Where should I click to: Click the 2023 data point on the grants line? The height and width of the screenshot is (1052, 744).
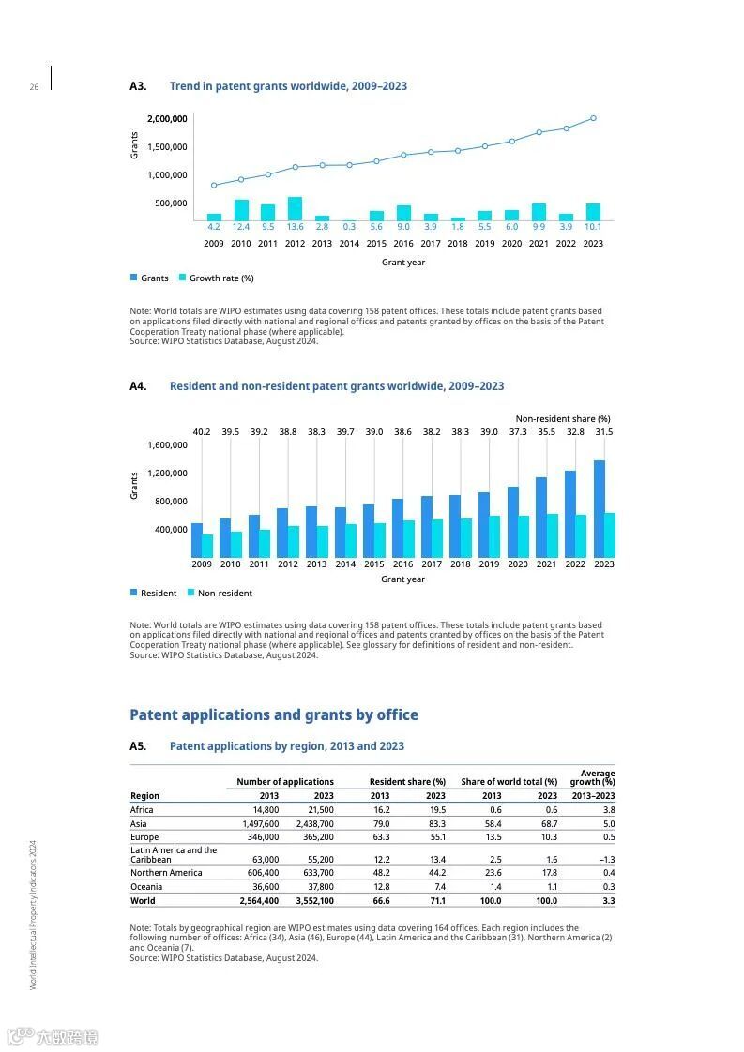[x=593, y=118]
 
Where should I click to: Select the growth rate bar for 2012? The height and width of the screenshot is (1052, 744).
[x=295, y=208]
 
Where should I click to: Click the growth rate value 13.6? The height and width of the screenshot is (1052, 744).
[x=295, y=227]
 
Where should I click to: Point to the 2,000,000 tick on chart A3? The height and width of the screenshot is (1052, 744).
[x=167, y=119]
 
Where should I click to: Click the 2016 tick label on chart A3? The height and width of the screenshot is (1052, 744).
[x=403, y=244]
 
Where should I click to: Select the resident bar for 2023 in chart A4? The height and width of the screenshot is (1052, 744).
[x=599, y=508]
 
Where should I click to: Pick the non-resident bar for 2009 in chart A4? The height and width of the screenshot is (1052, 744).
[x=207, y=546]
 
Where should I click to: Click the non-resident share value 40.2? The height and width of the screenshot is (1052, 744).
[x=202, y=432]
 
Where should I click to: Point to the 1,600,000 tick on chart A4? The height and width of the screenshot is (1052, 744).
[x=167, y=445]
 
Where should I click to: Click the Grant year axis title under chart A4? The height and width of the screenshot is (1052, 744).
[x=402, y=579]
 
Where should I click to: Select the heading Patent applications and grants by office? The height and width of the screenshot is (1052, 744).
[x=274, y=715]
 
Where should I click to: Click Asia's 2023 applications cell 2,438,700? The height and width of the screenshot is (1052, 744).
[x=313, y=823]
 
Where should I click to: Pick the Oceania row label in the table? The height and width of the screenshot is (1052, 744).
[x=146, y=887]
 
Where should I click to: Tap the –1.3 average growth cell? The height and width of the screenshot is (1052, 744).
[x=607, y=860]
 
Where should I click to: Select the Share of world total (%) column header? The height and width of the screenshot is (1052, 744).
[x=509, y=782]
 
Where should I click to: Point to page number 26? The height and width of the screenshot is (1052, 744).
[x=34, y=87]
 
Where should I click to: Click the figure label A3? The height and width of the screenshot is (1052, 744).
[x=138, y=86]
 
